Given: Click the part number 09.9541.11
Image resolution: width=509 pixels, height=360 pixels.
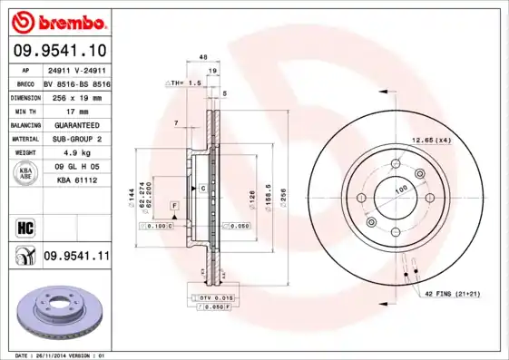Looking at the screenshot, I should pos(75,257).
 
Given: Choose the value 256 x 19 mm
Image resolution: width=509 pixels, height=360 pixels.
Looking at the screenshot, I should pos(75,96).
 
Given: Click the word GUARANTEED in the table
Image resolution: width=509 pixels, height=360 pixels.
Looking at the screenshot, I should pos(75,124).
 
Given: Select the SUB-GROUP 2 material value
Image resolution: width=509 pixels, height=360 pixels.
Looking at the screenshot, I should pos(75,139).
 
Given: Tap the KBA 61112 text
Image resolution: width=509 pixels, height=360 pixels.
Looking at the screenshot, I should pos(75,181).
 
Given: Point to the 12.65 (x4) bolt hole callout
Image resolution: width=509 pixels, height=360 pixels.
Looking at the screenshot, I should pos(432,140).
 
